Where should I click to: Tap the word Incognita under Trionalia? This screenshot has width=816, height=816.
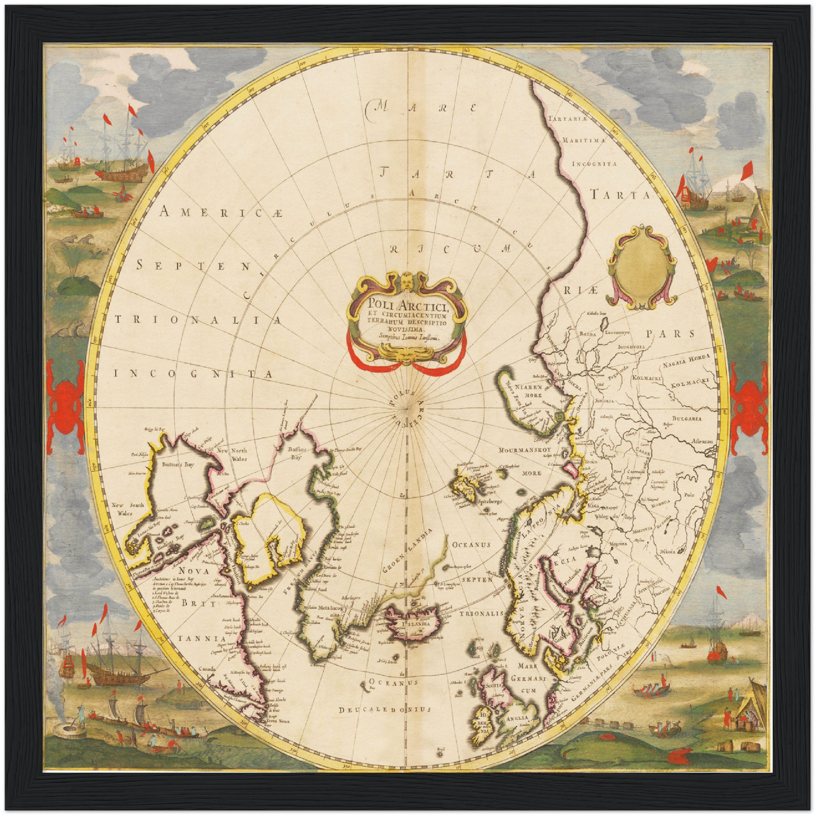coord(193,373)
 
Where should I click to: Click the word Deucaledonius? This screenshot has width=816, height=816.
coord(385,709)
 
